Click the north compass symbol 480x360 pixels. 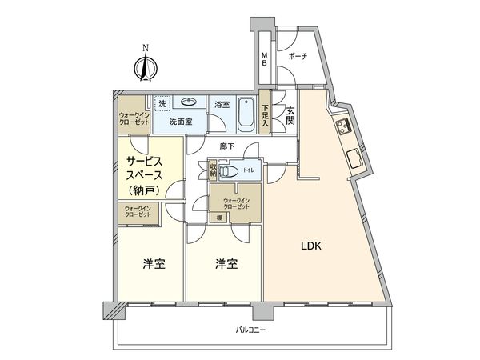145,65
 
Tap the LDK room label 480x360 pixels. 311,246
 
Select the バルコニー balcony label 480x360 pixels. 250,330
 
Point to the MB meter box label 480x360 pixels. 266,59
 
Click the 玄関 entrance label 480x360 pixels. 290,115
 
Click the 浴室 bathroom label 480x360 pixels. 222,105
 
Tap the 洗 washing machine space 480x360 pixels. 161,104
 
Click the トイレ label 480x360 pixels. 249,170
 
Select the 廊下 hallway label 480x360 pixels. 227,146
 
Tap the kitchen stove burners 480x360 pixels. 345,126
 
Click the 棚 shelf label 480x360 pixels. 218,218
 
